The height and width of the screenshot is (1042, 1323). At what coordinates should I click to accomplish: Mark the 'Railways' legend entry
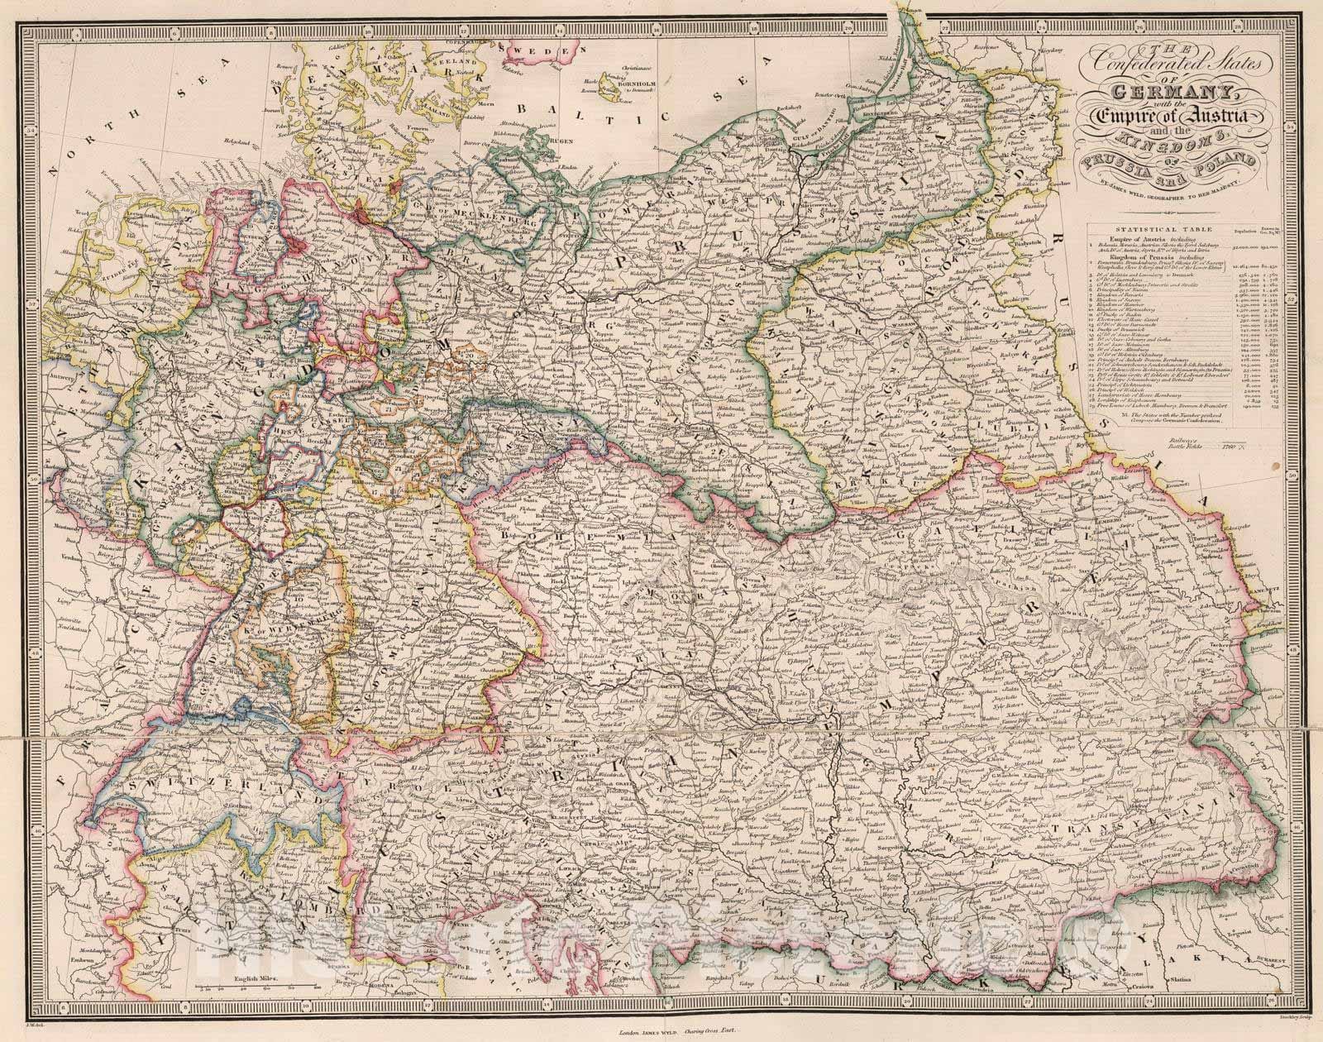[x=1182, y=442]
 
